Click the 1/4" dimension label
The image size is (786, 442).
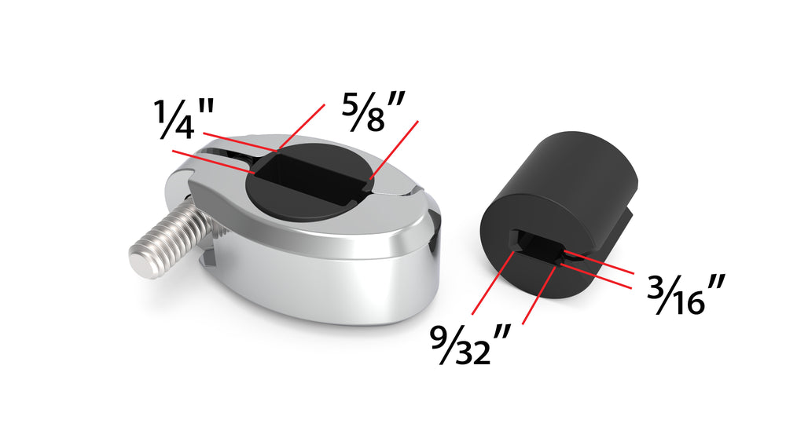point(184,119)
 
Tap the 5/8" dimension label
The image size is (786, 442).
point(373,111)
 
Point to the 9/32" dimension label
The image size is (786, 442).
point(470,344)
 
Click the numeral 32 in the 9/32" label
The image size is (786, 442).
point(473,352)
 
